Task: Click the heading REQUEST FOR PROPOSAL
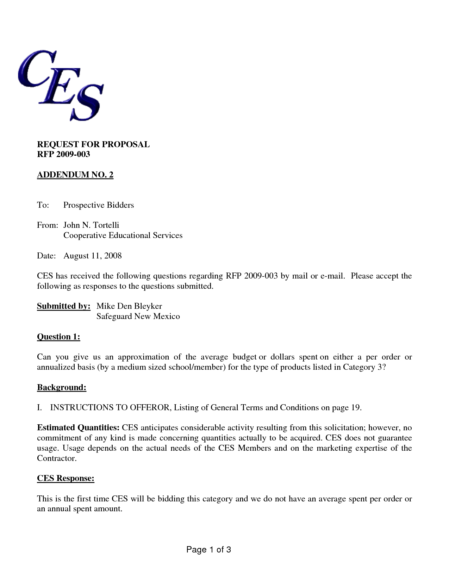93,144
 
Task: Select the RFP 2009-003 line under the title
63,154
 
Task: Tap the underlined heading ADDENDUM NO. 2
75,175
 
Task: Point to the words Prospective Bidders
99,205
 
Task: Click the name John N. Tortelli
91,225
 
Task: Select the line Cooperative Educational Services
123,235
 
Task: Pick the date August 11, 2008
93,256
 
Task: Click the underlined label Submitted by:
64,306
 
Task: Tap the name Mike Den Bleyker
129,306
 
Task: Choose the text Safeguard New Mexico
138,316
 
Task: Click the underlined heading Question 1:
58,337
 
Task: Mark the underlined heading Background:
62,388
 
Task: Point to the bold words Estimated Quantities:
78,428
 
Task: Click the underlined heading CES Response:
66,479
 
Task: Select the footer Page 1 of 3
208,550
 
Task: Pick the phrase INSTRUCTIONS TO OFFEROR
110,408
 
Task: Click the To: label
43,205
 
